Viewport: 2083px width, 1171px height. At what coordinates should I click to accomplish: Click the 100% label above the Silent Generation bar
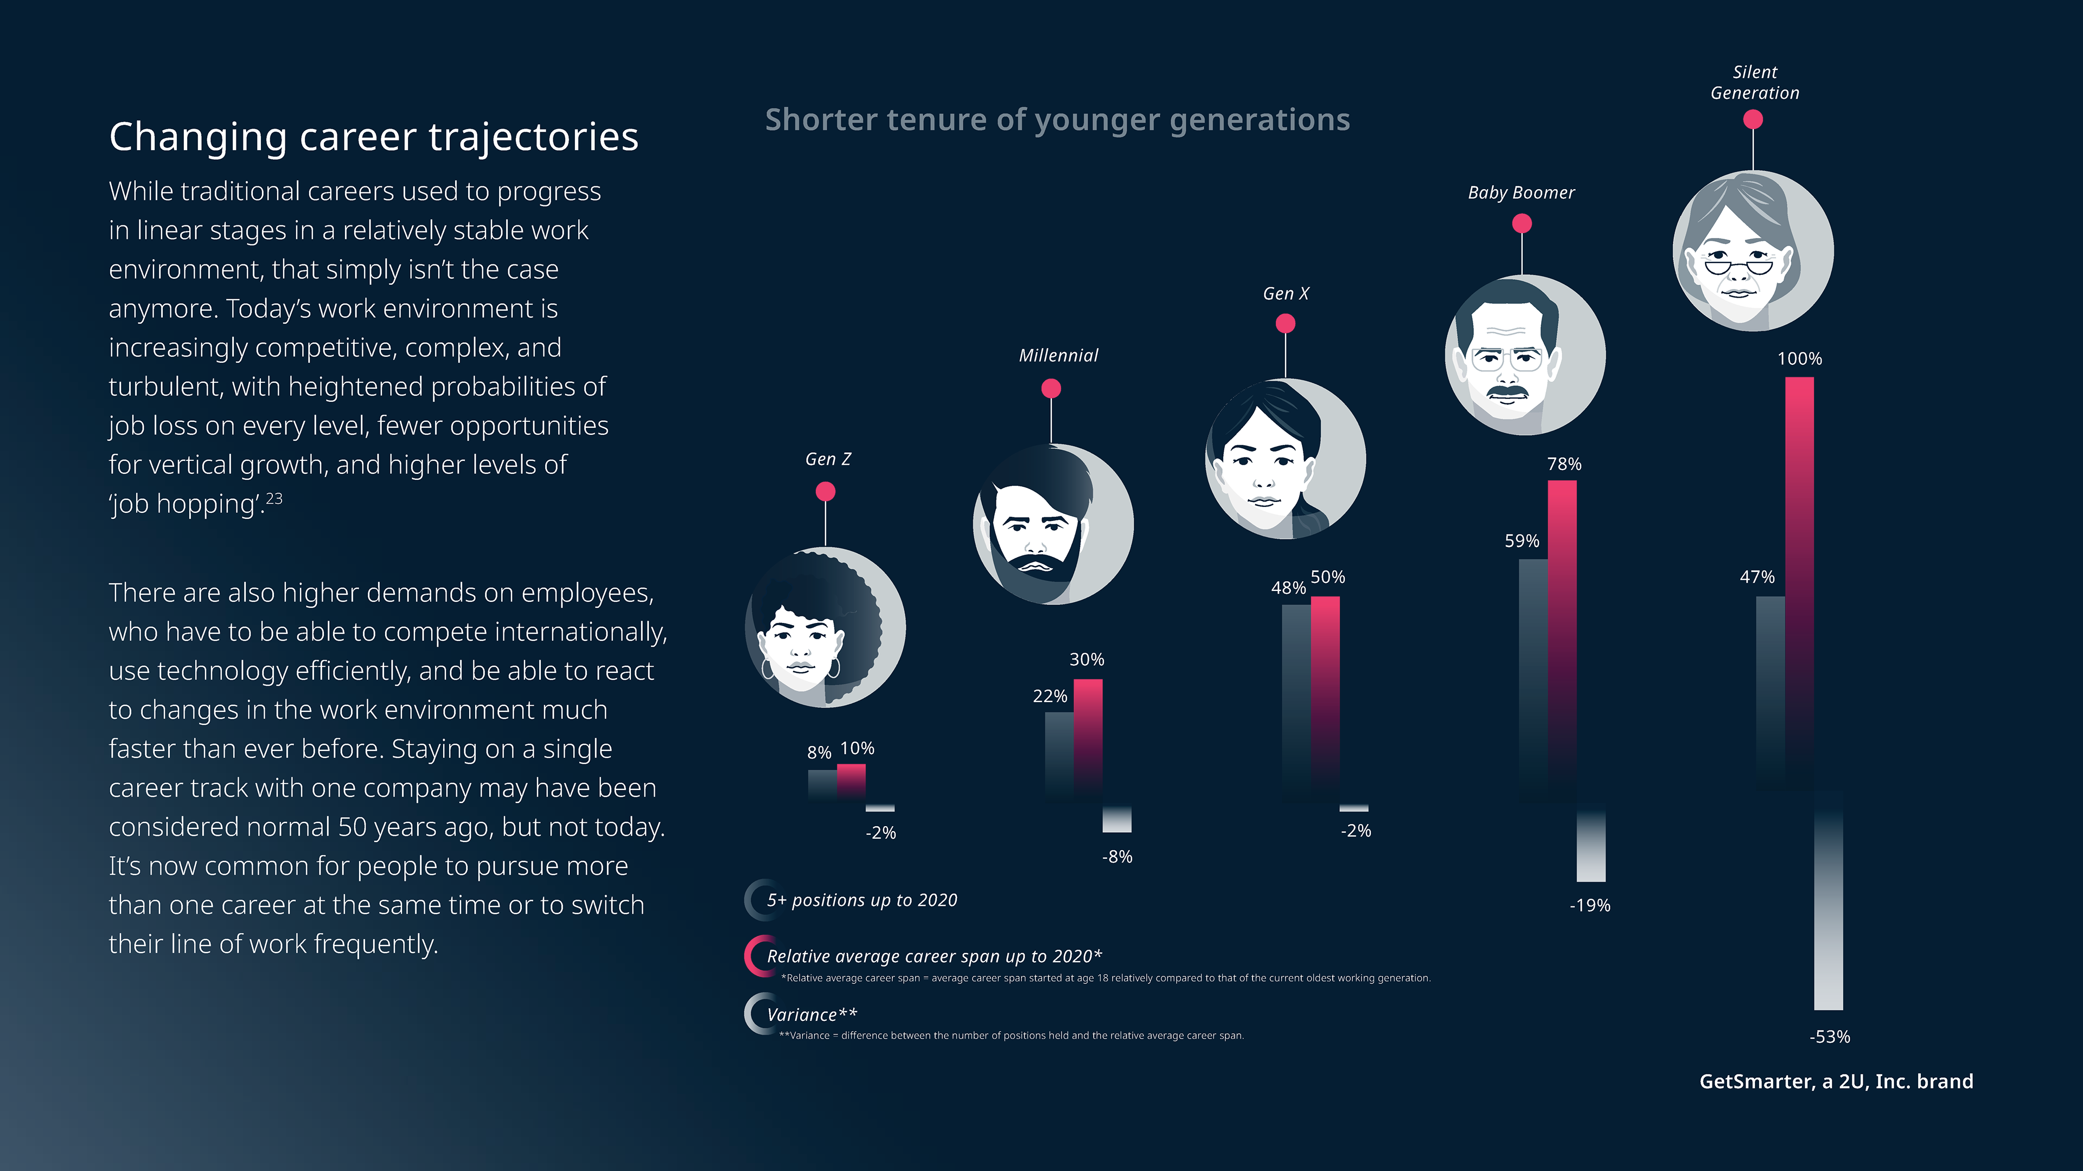(x=1799, y=359)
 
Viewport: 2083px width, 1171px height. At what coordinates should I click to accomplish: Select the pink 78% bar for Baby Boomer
(x=1562, y=630)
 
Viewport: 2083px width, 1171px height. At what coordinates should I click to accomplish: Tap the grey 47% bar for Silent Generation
(x=1770, y=687)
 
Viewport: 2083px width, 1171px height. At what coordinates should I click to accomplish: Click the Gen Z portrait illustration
(x=825, y=627)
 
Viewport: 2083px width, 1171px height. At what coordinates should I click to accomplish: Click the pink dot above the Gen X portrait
(x=1286, y=323)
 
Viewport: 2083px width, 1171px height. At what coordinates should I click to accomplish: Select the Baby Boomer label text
(x=1521, y=192)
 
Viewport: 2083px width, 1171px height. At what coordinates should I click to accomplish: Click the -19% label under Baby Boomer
(x=1590, y=905)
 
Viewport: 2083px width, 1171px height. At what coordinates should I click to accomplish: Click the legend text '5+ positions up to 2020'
(x=862, y=900)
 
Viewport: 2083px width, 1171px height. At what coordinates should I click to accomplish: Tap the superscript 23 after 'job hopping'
(x=274, y=498)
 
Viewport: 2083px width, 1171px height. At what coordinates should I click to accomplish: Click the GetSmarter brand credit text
(x=1836, y=1082)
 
